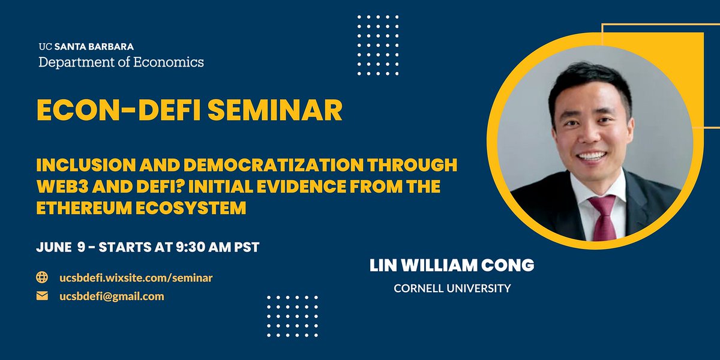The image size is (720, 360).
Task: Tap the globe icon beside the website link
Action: (x=42, y=277)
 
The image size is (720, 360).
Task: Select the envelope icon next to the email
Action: (x=42, y=296)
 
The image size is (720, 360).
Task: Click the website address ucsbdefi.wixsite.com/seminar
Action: (x=136, y=278)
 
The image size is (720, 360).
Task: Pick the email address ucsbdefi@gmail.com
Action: (x=111, y=296)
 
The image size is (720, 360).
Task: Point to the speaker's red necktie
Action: (x=602, y=216)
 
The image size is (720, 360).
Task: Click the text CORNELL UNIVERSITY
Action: (x=452, y=289)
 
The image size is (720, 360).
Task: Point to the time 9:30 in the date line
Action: (x=193, y=247)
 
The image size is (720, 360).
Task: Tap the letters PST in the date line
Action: (x=245, y=247)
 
